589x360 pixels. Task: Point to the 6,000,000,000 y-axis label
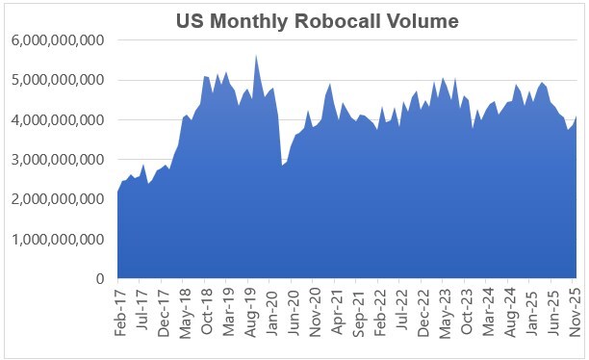[x=57, y=40]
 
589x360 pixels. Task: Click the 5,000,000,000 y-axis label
[x=57, y=80]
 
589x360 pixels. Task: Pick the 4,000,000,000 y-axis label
[x=57, y=120]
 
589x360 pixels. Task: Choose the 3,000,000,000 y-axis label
[x=57, y=160]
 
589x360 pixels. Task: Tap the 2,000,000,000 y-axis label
[x=57, y=199]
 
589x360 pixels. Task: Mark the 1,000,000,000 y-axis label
[x=57, y=239]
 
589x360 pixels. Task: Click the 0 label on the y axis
[x=99, y=279]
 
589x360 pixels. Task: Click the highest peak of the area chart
[x=256, y=56]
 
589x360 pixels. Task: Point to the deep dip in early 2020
[x=282, y=166]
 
